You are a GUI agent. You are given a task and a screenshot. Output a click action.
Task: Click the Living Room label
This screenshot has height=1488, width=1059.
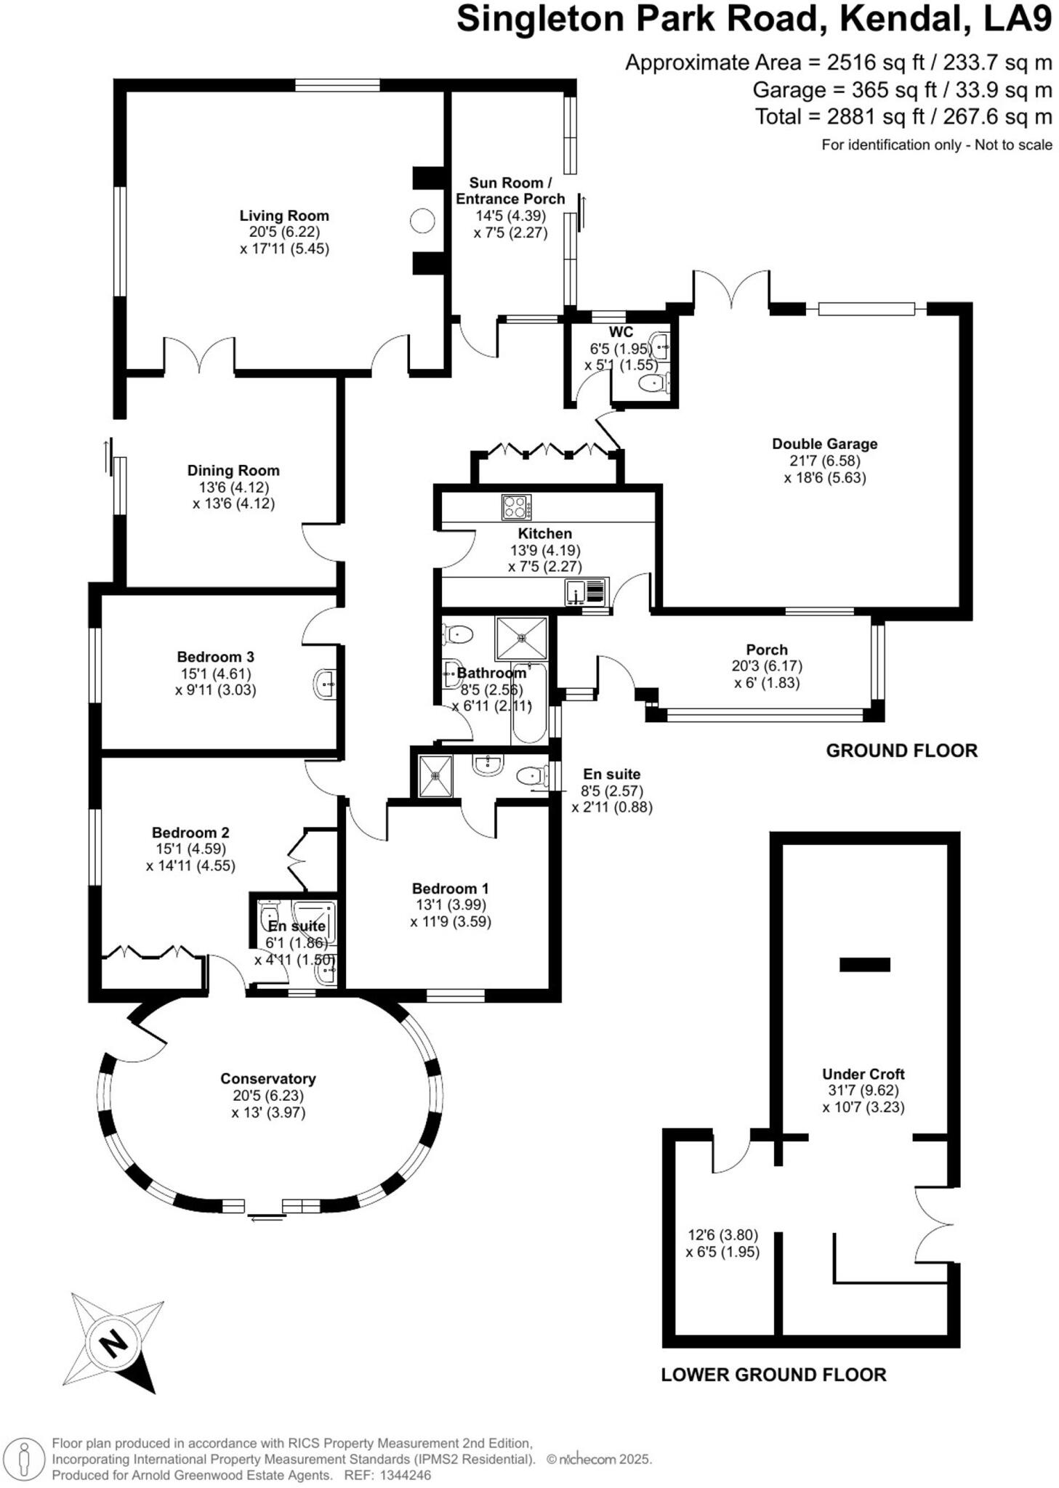pos(284,216)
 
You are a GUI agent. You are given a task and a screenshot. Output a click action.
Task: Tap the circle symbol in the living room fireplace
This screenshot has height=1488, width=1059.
pos(422,221)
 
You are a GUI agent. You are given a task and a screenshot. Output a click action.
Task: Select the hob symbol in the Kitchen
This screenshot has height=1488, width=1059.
pos(516,507)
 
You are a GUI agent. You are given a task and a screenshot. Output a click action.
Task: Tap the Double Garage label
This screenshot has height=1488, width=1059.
pos(824,444)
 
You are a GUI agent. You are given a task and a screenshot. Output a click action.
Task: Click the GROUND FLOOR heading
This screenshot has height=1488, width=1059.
pos(901,751)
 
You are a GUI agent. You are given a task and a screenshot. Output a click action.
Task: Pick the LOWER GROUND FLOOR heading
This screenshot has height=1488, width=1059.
pos(773,1375)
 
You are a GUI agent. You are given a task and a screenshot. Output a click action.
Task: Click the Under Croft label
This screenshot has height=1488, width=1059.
pos(863,1074)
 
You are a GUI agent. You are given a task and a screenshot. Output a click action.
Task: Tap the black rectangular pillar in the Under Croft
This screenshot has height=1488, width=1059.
pos(864,964)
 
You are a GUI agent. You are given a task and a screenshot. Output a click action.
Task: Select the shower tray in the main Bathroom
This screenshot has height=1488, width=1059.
pos(521,638)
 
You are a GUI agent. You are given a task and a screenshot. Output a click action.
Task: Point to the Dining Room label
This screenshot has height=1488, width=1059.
pos(233,471)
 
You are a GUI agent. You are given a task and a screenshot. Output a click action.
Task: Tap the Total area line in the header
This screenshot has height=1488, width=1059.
pos(903,116)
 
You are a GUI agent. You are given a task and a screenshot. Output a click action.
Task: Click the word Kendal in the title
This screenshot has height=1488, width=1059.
pos(901,20)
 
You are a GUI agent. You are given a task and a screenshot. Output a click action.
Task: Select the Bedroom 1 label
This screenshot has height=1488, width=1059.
pos(450,889)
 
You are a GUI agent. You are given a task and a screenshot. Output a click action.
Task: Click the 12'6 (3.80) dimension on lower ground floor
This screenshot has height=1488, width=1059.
pos(722,1234)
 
